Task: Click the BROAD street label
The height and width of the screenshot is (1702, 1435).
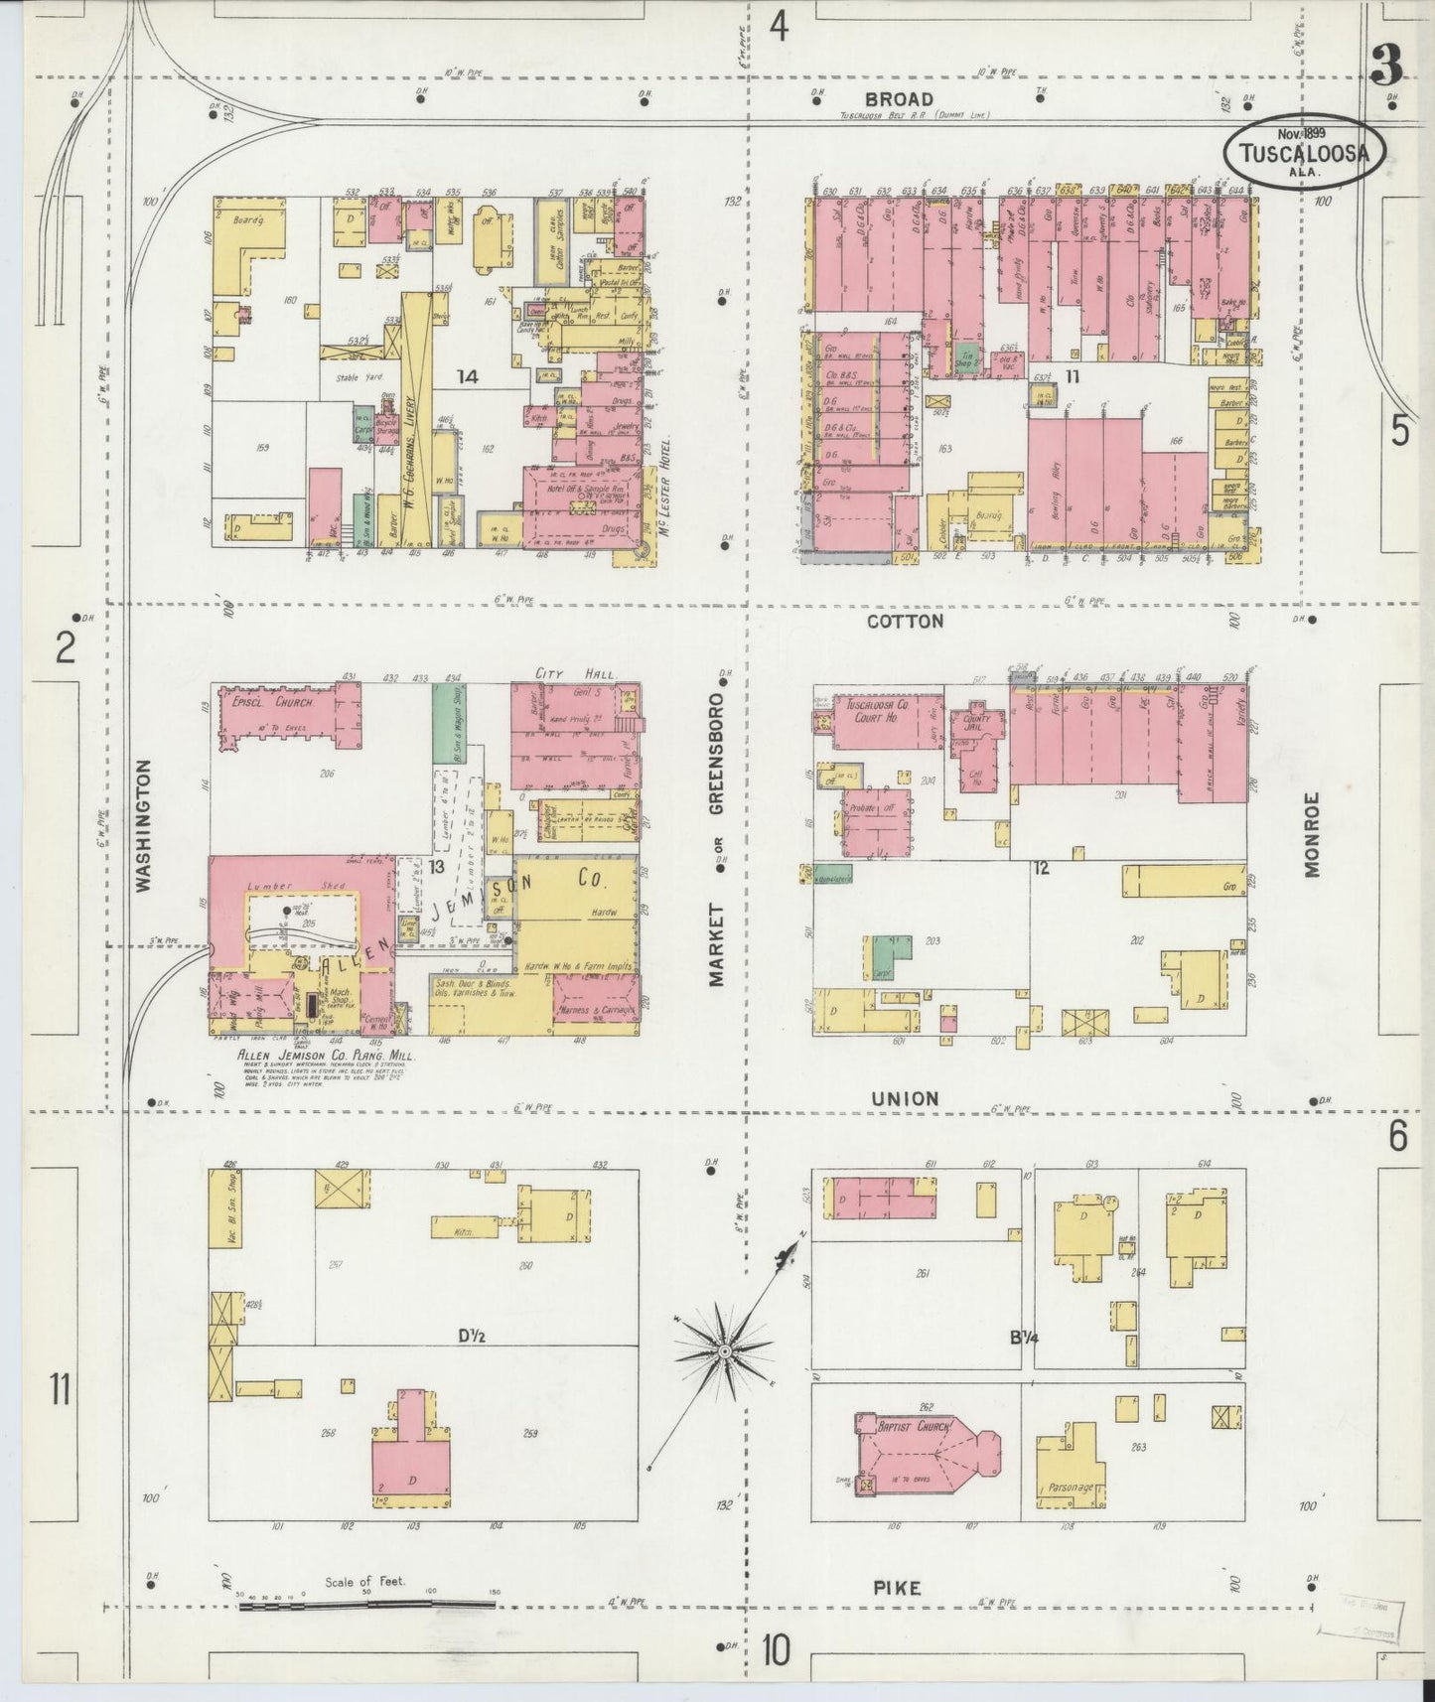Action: (898, 98)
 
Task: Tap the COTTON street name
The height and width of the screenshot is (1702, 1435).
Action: (904, 622)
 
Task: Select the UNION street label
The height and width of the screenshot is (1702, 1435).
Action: (904, 1098)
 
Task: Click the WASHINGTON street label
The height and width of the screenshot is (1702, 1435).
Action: (145, 826)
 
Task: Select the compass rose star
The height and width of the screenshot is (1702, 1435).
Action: (725, 1351)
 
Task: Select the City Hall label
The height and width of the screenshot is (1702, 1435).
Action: (564, 674)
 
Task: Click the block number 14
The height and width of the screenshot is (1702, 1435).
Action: (467, 376)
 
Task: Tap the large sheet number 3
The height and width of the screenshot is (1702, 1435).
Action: (1385, 66)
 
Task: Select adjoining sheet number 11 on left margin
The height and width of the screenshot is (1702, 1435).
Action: (60, 1388)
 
